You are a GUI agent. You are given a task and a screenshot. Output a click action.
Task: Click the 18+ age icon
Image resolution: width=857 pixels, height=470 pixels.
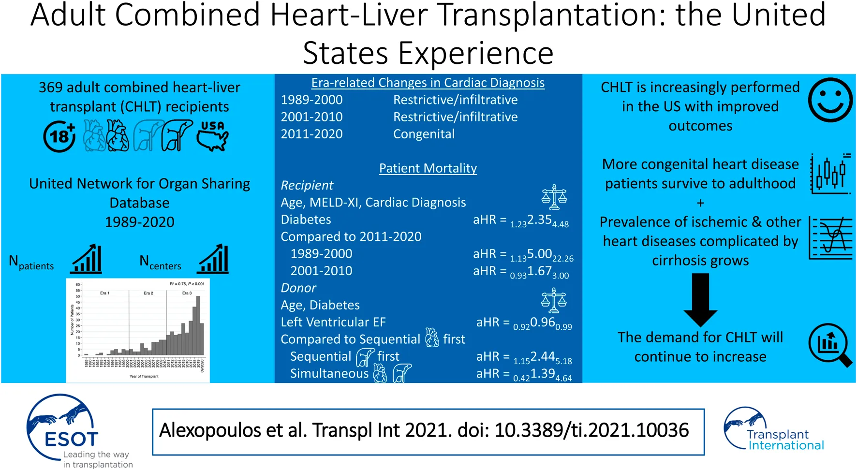tap(59, 136)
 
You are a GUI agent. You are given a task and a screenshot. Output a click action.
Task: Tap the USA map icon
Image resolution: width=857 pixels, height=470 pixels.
tap(213, 136)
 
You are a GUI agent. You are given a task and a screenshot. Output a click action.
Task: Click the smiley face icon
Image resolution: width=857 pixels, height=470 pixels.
tap(830, 100)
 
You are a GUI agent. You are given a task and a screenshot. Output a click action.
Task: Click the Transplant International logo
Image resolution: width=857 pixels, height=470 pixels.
tap(774, 429)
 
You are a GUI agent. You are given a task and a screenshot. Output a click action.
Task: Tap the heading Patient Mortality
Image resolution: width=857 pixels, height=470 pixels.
tap(428, 168)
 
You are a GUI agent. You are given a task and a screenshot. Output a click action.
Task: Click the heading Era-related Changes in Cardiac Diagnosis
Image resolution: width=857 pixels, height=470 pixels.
tap(428, 83)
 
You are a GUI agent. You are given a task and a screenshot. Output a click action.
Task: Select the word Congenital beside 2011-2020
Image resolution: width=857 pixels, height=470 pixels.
tap(424, 134)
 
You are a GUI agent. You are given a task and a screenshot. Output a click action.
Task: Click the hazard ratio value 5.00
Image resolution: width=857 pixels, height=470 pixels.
tap(539, 254)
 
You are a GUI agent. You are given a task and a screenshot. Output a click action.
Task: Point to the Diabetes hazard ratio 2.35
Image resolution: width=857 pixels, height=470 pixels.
tap(539, 220)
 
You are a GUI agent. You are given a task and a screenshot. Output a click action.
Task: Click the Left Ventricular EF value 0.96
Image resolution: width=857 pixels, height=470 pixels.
tap(542, 322)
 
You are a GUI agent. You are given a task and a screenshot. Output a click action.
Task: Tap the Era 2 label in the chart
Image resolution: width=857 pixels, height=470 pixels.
tap(148, 293)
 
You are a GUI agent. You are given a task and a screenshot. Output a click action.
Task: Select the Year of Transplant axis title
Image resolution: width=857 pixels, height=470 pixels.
tap(144, 376)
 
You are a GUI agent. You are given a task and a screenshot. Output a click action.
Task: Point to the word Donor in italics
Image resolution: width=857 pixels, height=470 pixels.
tap(298, 288)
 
